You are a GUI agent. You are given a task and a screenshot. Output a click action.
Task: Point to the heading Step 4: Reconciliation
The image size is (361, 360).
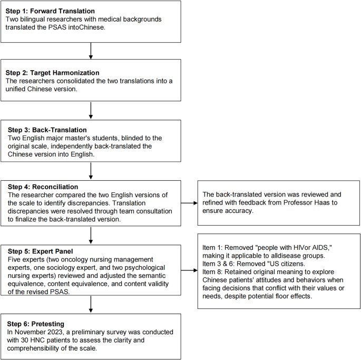coord(42,187)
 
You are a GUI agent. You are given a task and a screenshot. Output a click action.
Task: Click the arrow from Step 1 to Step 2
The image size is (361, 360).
coord(92,51)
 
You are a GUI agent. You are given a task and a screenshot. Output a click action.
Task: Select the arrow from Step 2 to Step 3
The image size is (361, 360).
coord(92,109)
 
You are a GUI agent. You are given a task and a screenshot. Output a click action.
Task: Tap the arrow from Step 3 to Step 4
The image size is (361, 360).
coord(92,170)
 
